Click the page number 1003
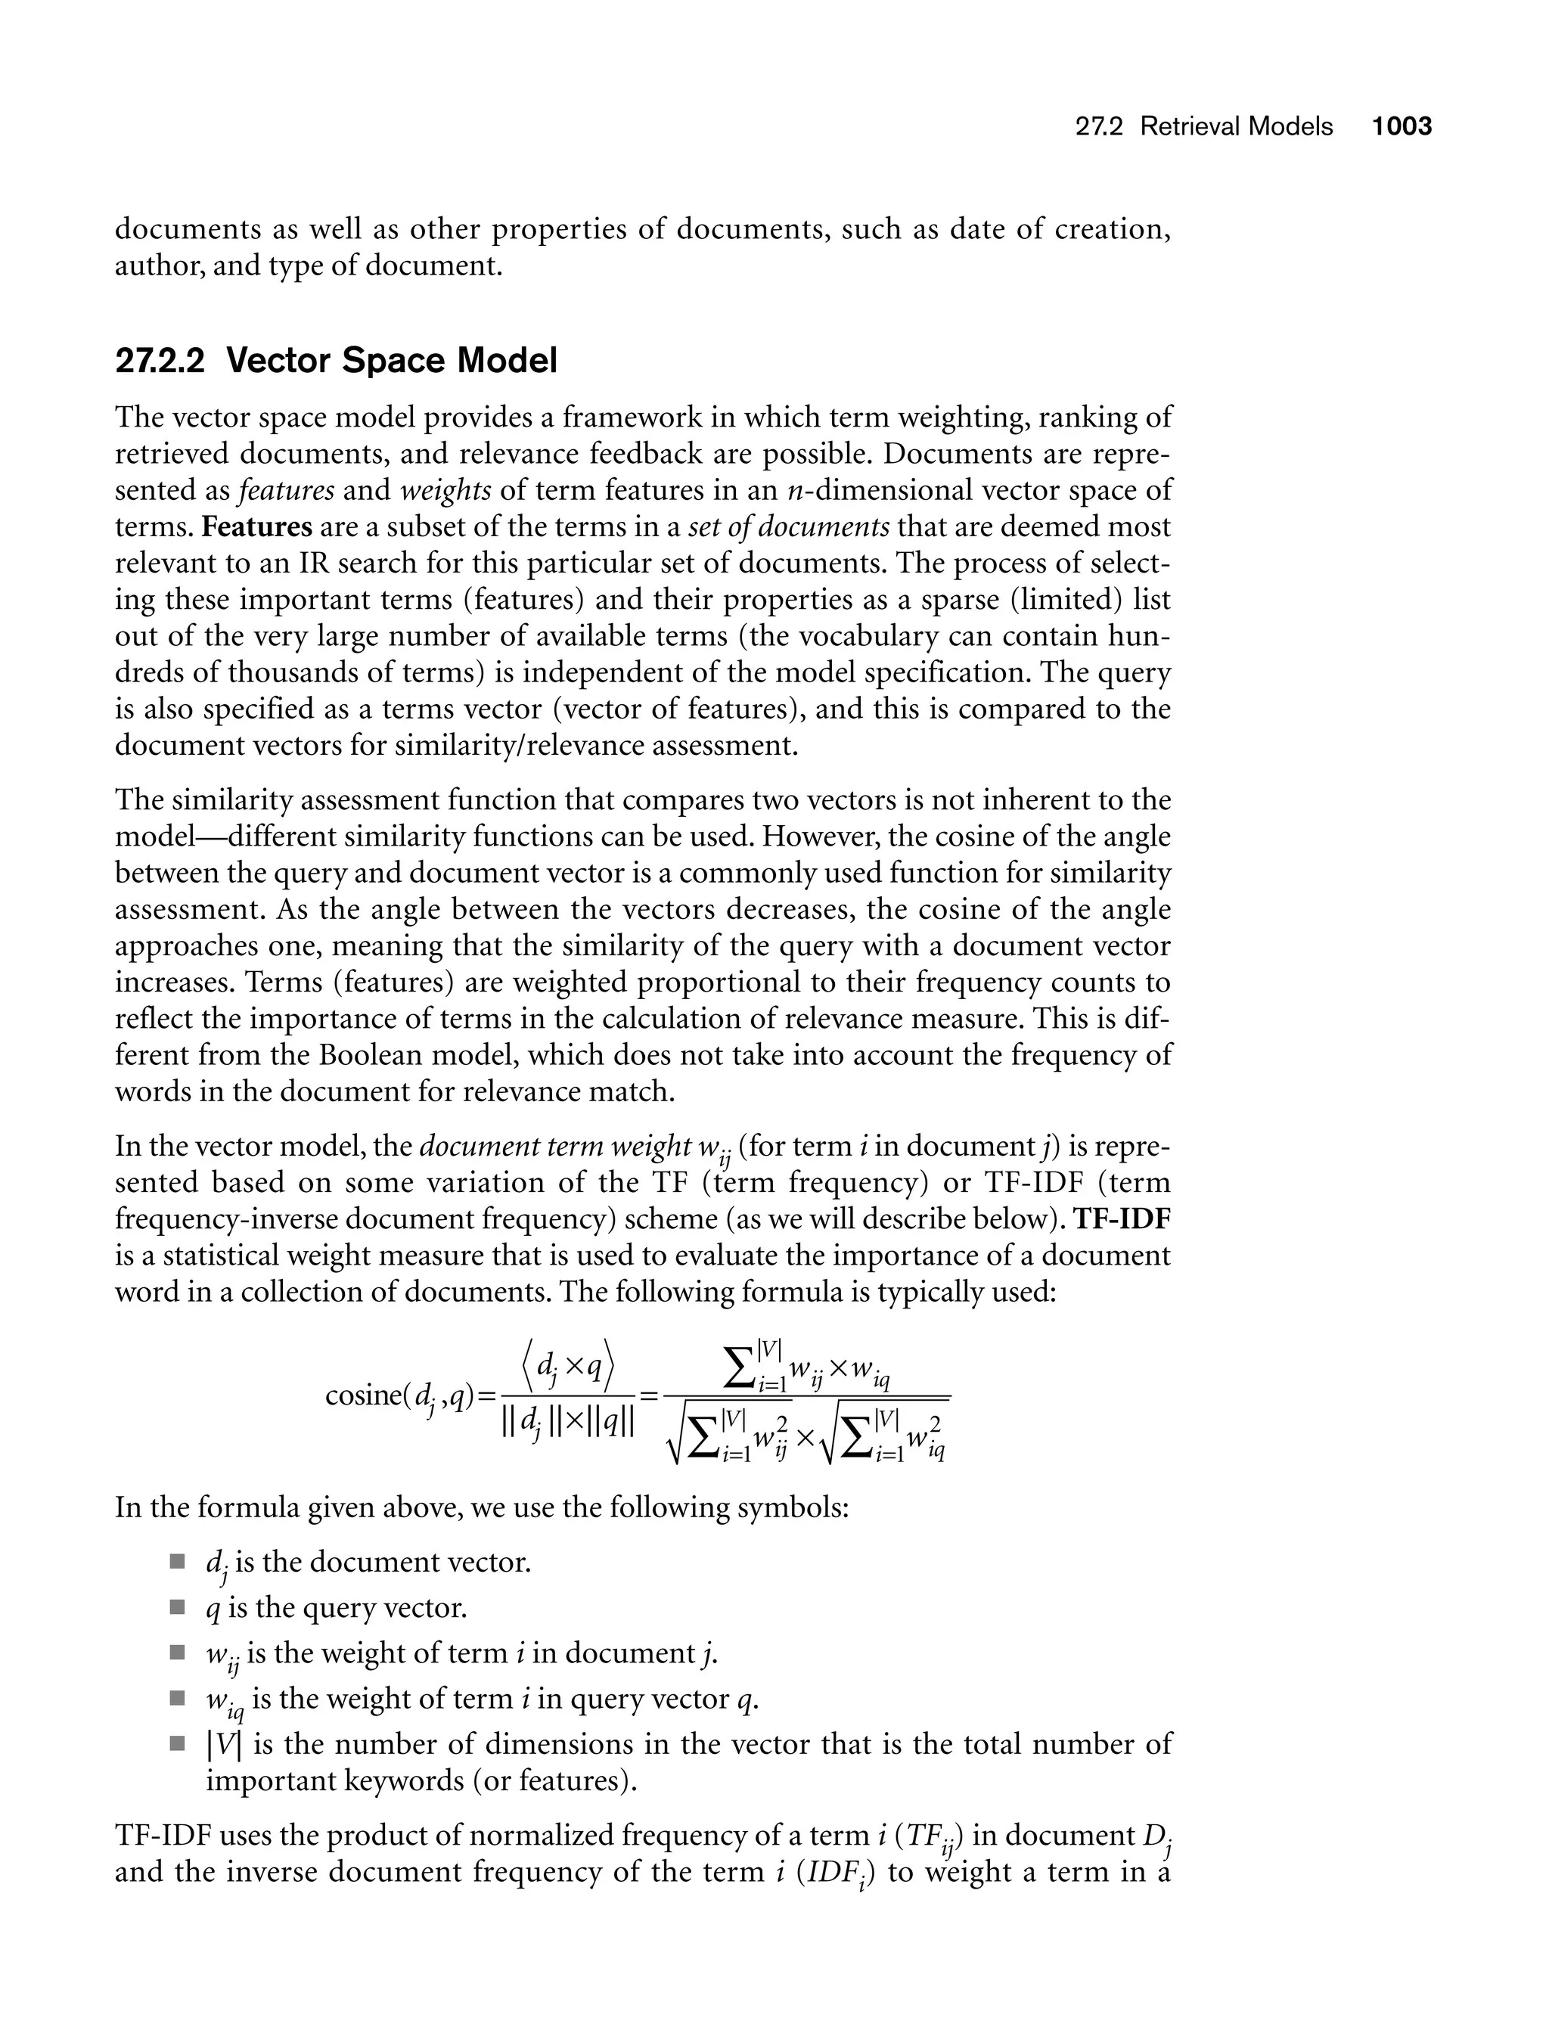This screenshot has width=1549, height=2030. (x=1402, y=126)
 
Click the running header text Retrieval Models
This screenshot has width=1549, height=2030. (x=1237, y=126)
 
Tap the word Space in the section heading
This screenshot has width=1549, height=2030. (x=391, y=361)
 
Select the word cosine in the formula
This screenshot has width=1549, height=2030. (x=362, y=1395)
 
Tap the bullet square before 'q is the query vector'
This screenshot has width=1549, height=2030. (x=177, y=1608)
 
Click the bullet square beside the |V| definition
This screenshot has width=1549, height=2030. (x=177, y=1744)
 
